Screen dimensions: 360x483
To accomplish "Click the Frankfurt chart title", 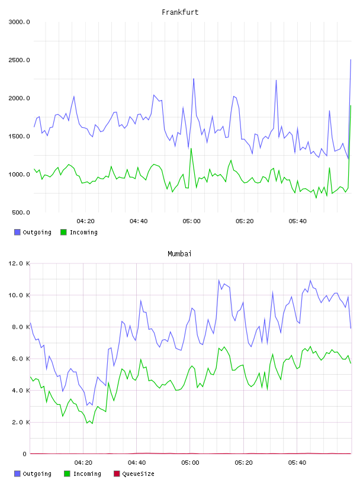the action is coord(180,12).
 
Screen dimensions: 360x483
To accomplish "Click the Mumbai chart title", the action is coord(179,254).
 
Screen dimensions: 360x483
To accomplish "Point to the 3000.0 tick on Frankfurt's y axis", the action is coord(19,22).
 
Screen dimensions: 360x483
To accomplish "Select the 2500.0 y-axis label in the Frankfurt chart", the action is coord(19,60).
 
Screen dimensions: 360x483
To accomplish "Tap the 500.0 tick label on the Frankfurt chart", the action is coord(21,212).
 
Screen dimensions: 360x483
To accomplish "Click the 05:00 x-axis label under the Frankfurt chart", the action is coord(191,221).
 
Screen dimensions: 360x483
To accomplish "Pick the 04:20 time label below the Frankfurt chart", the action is coord(85,221).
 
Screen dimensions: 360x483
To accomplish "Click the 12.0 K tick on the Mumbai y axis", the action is coord(19,263).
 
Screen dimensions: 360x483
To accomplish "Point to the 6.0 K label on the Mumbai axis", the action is coord(21,359).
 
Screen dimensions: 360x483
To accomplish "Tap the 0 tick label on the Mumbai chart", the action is coord(24,454).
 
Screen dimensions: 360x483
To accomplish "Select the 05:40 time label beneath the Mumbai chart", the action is coord(297,463).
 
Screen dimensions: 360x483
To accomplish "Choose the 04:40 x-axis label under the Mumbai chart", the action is coord(137,463).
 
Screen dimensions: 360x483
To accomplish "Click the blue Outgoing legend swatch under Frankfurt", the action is coord(17,232).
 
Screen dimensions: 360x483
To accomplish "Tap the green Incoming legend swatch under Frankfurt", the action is coord(63,232).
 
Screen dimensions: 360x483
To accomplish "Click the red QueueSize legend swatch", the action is coord(117,474).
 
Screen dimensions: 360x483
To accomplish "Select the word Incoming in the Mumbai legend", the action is coord(87,474).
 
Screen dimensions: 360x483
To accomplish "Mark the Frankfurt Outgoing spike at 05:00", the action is coord(194,79).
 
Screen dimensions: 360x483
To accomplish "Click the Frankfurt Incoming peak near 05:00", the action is coord(191,149).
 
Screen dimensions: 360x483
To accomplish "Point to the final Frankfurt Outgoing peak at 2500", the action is coord(351,59).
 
